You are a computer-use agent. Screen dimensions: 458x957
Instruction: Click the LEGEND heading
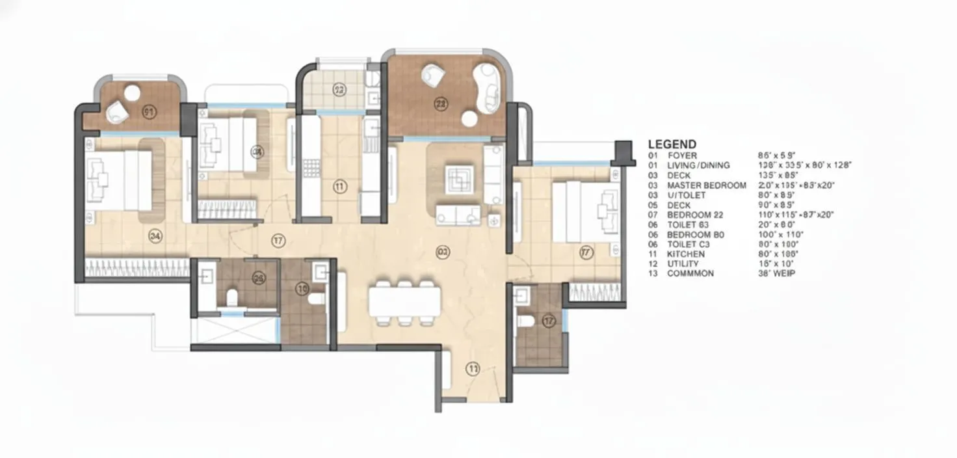[x=672, y=144]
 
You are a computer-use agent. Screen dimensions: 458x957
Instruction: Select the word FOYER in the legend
[x=682, y=156]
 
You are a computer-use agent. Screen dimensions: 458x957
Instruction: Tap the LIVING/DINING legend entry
[x=698, y=166]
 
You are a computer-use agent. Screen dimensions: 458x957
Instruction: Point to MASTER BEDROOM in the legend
[x=707, y=185]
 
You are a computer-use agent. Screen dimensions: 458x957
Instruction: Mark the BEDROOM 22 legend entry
[x=695, y=215]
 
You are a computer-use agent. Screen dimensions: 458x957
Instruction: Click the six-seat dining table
[x=404, y=303]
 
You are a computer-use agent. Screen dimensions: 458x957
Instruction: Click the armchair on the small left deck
[x=118, y=113]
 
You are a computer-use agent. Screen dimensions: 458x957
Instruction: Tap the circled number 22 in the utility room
[x=339, y=90]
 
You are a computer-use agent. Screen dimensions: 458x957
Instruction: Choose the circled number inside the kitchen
[x=339, y=187]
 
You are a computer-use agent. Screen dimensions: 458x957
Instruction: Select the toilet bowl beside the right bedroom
[x=525, y=320]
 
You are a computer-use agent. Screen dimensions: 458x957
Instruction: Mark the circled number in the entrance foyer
[x=473, y=369]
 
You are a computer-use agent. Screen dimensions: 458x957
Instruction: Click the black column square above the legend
[x=623, y=152]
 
